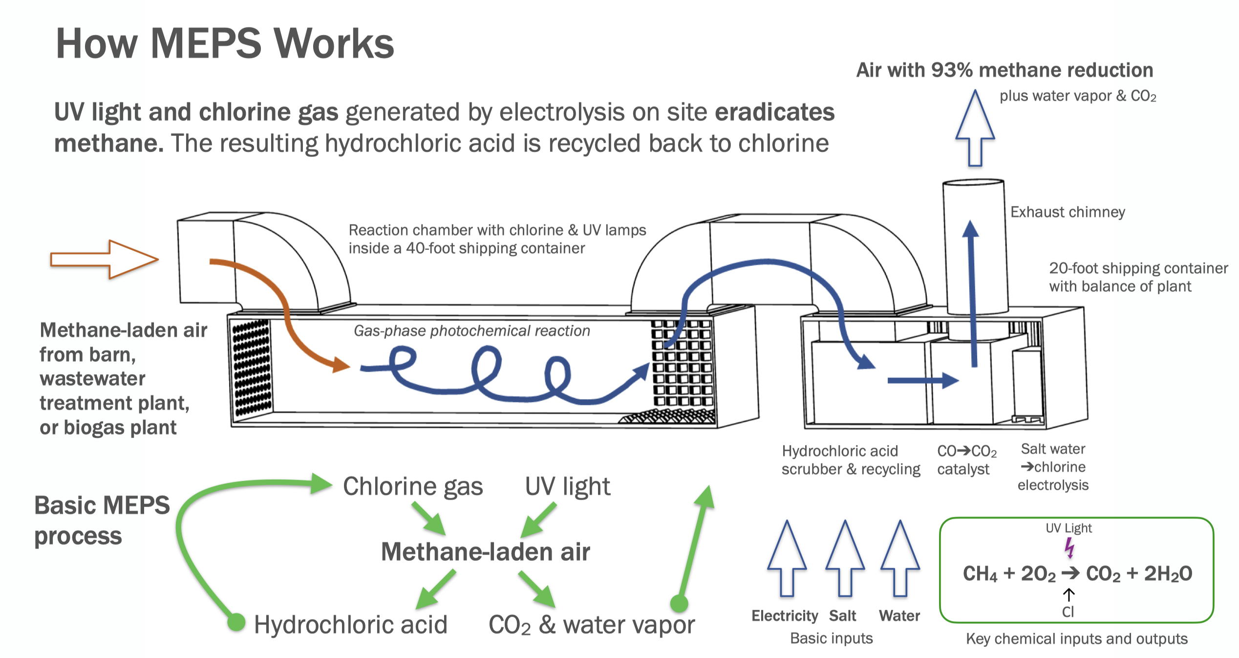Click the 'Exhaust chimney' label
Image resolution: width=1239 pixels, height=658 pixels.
pyautogui.click(x=1068, y=212)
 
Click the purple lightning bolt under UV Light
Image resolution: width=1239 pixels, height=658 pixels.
pyautogui.click(x=1069, y=548)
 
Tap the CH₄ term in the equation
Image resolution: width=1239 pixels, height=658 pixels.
pyautogui.click(x=980, y=574)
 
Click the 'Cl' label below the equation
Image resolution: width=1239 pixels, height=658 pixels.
pyautogui.click(x=1068, y=612)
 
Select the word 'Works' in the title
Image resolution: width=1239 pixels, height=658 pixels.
pyautogui.click(x=334, y=44)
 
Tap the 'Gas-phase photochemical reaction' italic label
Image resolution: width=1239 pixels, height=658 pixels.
pyautogui.click(x=471, y=331)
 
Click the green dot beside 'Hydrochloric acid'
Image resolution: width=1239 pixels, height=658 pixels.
pyautogui.click(x=236, y=622)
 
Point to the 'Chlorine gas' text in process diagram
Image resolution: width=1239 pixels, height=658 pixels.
pyautogui.click(x=413, y=486)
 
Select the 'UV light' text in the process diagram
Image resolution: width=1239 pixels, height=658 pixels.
pyautogui.click(x=567, y=486)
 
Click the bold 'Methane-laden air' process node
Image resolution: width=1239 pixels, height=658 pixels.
pyautogui.click(x=485, y=552)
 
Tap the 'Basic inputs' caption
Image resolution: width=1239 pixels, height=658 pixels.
pyautogui.click(x=831, y=638)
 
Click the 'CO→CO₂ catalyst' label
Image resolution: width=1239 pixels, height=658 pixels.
pyautogui.click(x=966, y=460)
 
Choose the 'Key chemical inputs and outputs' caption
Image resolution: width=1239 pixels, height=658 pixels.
pyautogui.click(x=1076, y=638)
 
